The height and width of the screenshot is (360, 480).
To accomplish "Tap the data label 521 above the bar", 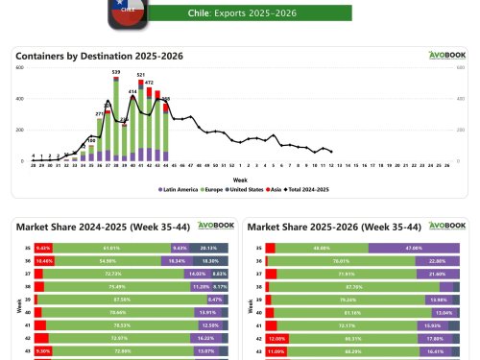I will pyautogui.click(x=141, y=74).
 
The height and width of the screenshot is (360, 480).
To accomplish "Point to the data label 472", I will pyautogui.click(x=149, y=83).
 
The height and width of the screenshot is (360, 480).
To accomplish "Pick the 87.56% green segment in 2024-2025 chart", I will pyautogui.click(x=120, y=299).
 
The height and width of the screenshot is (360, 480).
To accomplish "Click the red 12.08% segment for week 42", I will pyautogui.click(x=276, y=338).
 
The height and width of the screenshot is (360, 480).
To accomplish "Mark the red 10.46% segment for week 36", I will pyautogui.click(x=44, y=260).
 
